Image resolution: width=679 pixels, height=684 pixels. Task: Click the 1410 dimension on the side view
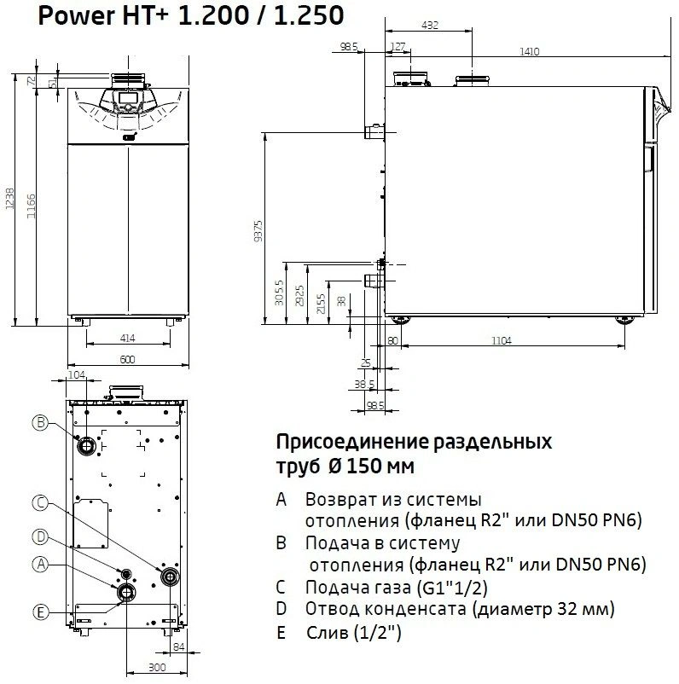click(x=530, y=51)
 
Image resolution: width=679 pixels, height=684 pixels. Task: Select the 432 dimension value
click(x=430, y=26)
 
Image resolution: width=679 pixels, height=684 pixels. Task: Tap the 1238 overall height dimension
click(x=9, y=199)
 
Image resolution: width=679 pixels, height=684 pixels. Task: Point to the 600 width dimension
click(x=127, y=359)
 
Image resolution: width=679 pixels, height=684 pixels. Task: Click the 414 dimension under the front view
click(x=127, y=338)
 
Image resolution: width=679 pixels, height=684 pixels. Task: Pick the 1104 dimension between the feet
click(x=502, y=340)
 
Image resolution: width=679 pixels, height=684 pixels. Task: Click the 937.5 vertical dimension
click(x=258, y=231)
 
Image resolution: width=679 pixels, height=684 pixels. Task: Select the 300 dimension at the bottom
click(x=157, y=667)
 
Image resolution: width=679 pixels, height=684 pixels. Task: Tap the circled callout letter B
click(x=41, y=422)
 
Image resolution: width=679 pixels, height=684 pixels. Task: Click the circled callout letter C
click(x=41, y=503)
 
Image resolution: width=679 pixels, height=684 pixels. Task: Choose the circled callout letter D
click(x=41, y=537)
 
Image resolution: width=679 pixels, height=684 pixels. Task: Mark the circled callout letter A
click(x=41, y=565)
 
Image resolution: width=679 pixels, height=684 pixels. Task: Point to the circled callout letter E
click(x=41, y=612)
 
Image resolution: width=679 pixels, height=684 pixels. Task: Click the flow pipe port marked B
click(x=86, y=446)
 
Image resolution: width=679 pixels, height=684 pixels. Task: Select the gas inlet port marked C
click(x=170, y=577)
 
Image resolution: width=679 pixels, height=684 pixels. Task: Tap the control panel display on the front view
click(x=127, y=98)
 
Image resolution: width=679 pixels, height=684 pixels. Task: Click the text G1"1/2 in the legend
click(x=452, y=587)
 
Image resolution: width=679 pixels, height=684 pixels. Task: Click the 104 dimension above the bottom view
click(x=77, y=374)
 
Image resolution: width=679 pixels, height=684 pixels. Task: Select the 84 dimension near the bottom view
click(x=179, y=647)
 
